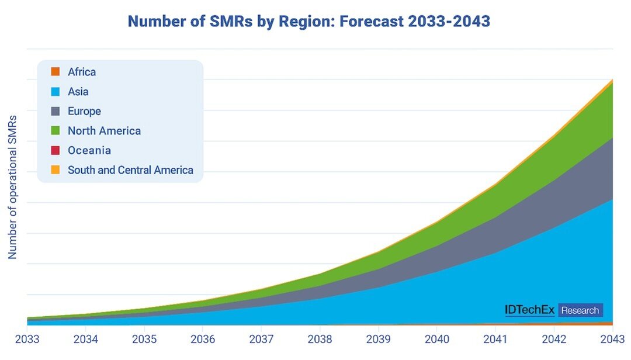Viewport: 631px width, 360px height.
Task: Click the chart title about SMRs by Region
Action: pos(308,22)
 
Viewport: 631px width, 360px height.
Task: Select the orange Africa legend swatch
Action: pos(56,72)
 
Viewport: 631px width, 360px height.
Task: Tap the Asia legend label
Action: pos(78,92)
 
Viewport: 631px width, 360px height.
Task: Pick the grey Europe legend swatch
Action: pos(56,111)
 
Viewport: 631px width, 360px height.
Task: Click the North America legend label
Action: pos(104,131)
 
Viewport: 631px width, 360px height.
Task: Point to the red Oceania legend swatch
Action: pos(56,150)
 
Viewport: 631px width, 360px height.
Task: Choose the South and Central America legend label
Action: pos(130,170)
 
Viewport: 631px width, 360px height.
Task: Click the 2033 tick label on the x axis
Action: pos(27,339)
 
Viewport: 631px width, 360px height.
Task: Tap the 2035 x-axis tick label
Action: pos(144,339)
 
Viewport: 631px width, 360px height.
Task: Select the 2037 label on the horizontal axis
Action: pos(261,339)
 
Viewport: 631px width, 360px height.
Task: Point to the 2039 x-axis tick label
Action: pos(379,339)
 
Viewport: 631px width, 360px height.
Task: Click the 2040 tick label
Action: pos(437,339)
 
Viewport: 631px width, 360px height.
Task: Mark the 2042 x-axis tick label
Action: pos(554,339)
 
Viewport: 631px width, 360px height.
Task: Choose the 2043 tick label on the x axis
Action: pos(611,339)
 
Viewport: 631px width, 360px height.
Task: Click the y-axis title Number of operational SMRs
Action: pos(12,187)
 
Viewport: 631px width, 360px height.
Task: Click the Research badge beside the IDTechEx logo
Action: pos(580,310)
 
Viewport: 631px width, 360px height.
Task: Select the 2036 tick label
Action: pos(203,339)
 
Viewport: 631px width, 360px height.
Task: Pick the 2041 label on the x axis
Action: pos(495,339)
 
